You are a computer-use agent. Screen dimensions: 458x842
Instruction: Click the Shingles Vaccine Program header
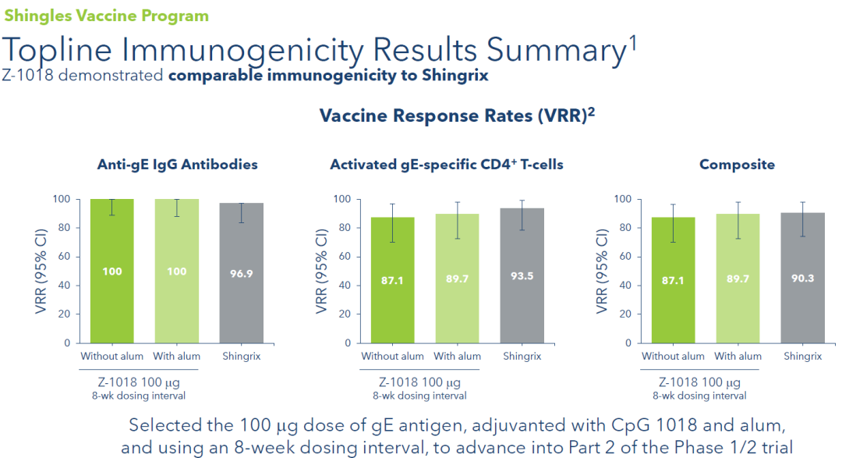[x=106, y=16]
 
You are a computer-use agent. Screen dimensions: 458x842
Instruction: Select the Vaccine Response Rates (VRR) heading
[x=457, y=115]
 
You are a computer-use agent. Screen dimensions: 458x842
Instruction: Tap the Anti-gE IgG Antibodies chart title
[x=177, y=165]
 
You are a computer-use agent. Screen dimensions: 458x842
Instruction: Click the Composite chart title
[x=737, y=165]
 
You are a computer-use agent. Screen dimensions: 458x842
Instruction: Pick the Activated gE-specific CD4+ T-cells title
[x=447, y=165]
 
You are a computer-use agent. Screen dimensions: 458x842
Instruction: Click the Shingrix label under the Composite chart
[x=802, y=357]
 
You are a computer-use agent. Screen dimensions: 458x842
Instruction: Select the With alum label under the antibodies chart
[x=177, y=357]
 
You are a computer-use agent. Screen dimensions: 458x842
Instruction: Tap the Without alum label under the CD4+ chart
[x=392, y=357]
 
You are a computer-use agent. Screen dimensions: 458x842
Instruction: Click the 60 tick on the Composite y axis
[x=621, y=257]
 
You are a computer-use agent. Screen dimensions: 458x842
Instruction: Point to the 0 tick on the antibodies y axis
[x=67, y=343]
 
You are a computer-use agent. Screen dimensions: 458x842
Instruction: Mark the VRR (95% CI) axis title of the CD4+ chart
[x=320, y=271]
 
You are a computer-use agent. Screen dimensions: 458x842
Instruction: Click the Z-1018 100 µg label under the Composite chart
[x=699, y=382]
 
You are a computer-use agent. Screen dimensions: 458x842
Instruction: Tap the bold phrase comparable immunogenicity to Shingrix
[x=329, y=76]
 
